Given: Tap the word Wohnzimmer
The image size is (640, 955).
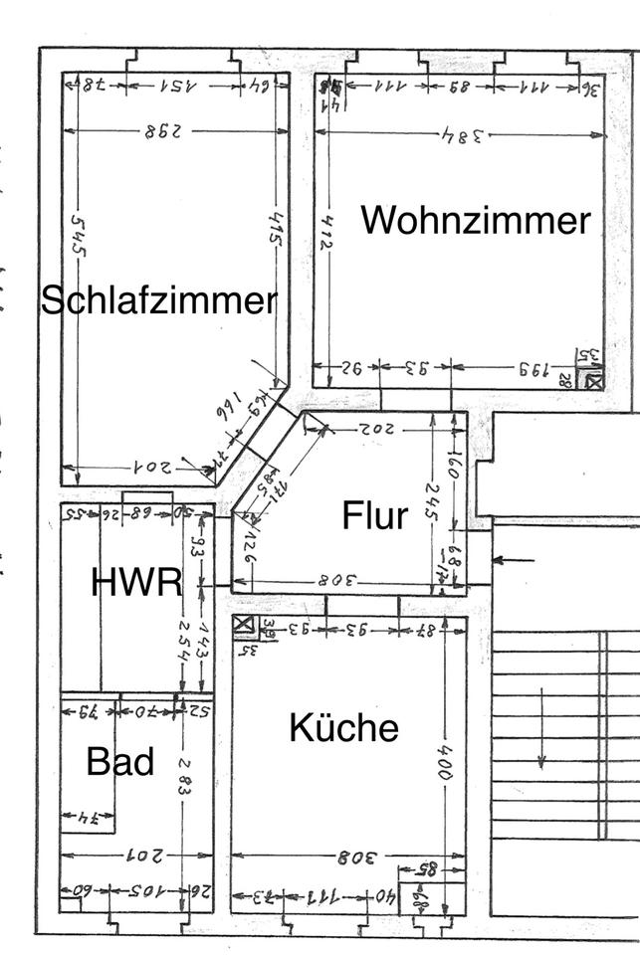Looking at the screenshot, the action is pos(475,220).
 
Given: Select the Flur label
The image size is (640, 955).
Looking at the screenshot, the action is pos(375,515).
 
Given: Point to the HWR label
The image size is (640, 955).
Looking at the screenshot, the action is pos(136,582).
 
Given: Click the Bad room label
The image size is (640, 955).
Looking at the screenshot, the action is pos(119,762).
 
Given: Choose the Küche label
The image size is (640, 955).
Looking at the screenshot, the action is pos(343,728).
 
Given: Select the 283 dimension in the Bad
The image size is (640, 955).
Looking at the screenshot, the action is pos(182,775).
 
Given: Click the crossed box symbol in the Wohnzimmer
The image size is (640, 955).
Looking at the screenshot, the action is pos(594,379).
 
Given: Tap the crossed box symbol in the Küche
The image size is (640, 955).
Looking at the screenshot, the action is pos(243,625).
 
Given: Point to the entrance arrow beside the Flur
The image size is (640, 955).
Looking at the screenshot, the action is pos(514,561).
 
